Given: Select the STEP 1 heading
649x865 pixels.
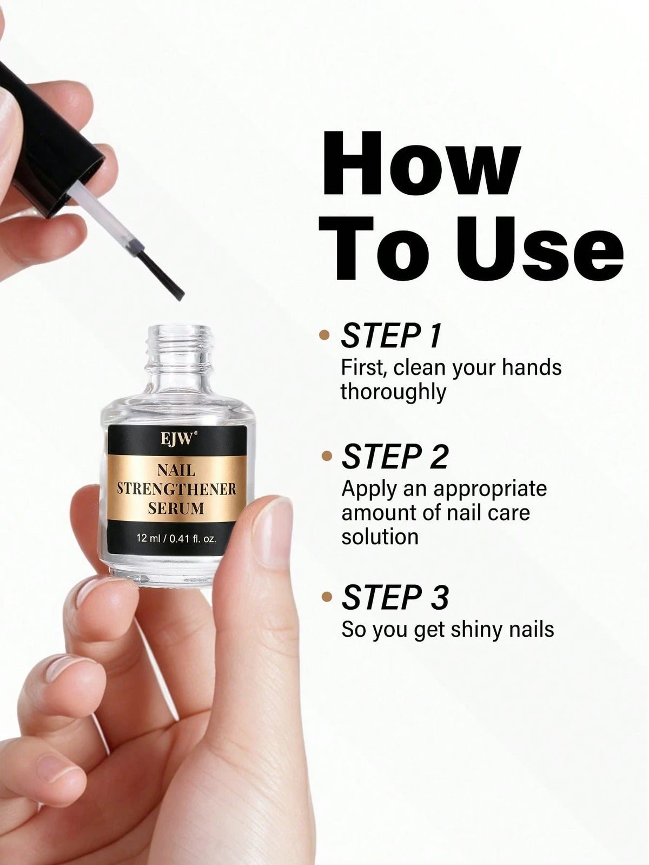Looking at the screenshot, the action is pos(391,335).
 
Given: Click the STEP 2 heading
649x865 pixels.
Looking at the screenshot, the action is pos(395,456).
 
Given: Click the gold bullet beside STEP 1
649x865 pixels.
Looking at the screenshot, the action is pos(324,335).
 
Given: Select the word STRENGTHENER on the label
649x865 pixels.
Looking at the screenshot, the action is pos(176,489).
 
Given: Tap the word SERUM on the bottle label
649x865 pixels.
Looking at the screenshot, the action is pos(176,508).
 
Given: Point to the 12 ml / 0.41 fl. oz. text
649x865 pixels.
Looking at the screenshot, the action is pos(176,538).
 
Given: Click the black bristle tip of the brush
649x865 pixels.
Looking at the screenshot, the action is pos(162,276).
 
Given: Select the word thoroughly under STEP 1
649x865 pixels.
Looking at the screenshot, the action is pos(393,392).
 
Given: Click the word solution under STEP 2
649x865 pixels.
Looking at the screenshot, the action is pos(380,537).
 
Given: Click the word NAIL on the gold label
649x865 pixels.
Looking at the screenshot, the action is pos(176,470).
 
